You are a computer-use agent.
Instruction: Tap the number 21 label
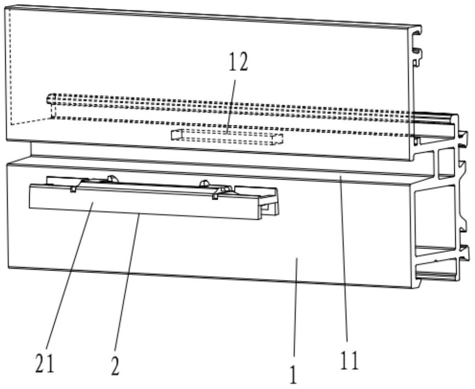(x=45, y=364)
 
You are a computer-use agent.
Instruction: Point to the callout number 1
(x=293, y=375)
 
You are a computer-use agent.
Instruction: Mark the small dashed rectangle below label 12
(x=227, y=137)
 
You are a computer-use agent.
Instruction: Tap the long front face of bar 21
(x=141, y=202)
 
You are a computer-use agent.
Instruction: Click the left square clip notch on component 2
(x=74, y=189)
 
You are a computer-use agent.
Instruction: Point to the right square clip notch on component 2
(x=215, y=195)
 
